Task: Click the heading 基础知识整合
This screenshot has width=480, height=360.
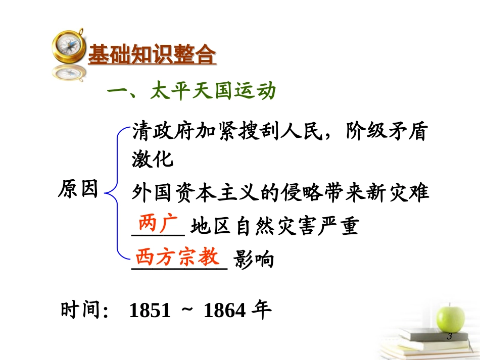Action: click(x=152, y=55)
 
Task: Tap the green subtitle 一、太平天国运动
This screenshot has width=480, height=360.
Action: click(x=193, y=92)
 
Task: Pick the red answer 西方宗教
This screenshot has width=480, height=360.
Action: click(x=178, y=256)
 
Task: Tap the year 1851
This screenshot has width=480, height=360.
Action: click(x=150, y=311)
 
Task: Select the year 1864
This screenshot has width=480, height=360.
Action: click(x=224, y=311)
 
